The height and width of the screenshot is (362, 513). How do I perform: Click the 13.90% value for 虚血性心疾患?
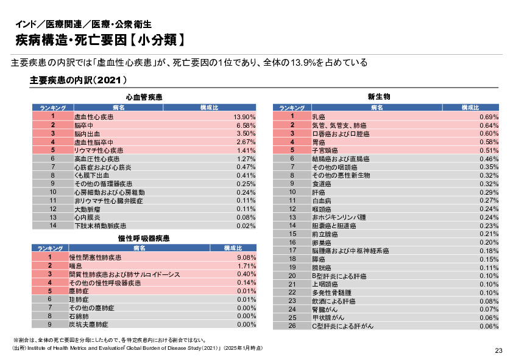244,116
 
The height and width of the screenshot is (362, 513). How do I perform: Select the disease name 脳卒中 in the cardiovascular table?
83,125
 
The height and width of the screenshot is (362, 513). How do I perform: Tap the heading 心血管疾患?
144,97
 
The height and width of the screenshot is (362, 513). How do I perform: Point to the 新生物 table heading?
379,97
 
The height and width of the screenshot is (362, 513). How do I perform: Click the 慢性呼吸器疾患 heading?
144,238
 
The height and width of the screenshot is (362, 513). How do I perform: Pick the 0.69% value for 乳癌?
489,116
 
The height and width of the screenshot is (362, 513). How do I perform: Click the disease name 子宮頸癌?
325,150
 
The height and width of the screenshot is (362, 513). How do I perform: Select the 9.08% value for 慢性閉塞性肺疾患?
246,257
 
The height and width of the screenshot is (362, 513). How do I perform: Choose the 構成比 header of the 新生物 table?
470,108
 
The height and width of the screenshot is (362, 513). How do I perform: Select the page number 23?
498,350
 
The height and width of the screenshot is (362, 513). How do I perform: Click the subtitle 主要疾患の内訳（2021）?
78,80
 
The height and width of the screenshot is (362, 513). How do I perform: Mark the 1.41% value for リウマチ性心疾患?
246,150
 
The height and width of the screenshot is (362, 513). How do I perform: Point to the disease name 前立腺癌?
325,234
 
